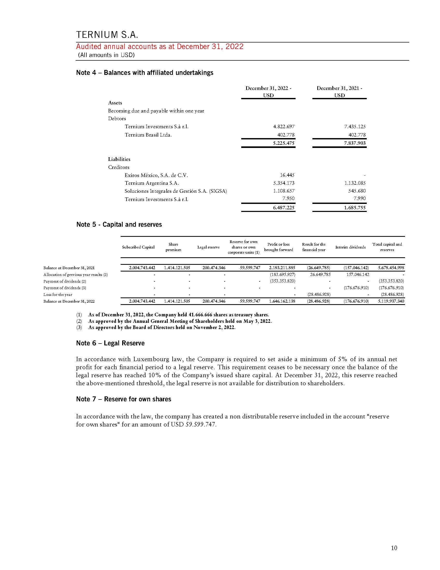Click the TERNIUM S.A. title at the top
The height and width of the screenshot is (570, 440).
(x=107, y=35)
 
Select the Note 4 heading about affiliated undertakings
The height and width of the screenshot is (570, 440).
(x=145, y=73)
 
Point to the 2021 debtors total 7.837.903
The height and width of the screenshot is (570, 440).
(x=355, y=143)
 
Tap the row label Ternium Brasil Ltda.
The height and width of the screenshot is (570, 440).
(x=148, y=135)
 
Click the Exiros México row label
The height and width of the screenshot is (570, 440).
(x=156, y=175)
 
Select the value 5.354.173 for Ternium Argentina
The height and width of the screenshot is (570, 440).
(x=284, y=183)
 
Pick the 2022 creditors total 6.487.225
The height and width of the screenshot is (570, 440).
(x=284, y=208)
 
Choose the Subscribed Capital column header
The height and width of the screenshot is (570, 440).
(x=138, y=247)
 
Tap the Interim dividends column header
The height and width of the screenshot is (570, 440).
(x=350, y=247)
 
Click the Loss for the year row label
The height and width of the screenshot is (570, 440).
(x=58, y=295)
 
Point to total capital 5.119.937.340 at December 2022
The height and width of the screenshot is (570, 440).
(x=391, y=301)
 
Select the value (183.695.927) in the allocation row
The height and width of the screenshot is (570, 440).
(x=283, y=275)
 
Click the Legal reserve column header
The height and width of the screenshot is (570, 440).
(x=208, y=247)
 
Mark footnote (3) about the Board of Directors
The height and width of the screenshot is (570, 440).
(x=162, y=327)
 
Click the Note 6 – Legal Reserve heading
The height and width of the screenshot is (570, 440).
(x=110, y=343)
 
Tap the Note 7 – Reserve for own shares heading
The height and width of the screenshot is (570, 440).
(x=123, y=399)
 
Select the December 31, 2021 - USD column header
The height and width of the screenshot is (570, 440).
(x=339, y=92)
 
